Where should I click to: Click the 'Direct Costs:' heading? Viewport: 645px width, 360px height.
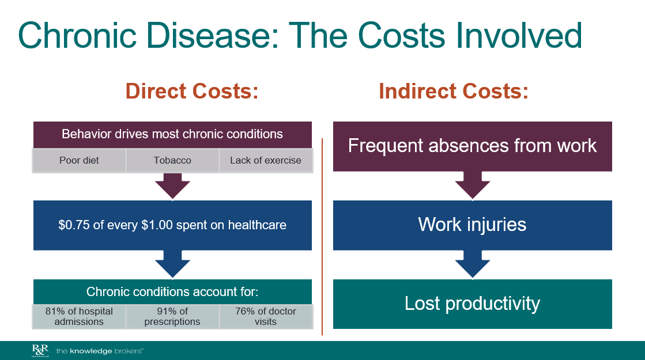[x=192, y=92]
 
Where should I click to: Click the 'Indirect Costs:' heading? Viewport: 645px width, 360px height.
[x=453, y=92]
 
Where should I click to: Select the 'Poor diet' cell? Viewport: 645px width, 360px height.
[x=79, y=161]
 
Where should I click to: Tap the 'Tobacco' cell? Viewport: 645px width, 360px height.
[x=172, y=161]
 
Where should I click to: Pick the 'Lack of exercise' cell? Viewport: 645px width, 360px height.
[x=266, y=161]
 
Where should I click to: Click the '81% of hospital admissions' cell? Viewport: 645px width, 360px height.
[x=79, y=316]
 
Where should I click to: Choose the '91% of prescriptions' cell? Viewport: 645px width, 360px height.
[x=172, y=316]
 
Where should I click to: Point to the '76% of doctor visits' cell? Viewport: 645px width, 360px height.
[x=266, y=316]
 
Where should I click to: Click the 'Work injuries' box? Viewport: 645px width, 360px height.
[x=472, y=225]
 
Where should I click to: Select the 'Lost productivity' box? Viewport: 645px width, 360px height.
[x=472, y=304]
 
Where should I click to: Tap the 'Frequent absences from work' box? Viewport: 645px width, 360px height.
[x=472, y=146]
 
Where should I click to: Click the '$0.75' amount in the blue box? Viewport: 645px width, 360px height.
[x=74, y=225]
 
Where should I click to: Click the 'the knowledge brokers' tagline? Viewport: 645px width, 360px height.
[x=99, y=350]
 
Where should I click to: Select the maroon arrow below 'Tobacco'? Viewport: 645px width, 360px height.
[x=172, y=185]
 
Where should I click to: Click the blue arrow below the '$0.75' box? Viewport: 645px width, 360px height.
[x=172, y=264]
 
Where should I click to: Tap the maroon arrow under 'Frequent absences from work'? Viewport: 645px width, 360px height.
[x=472, y=185]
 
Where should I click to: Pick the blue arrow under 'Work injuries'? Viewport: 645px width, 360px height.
[x=472, y=264]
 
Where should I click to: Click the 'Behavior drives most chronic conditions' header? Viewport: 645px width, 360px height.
[x=172, y=134]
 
